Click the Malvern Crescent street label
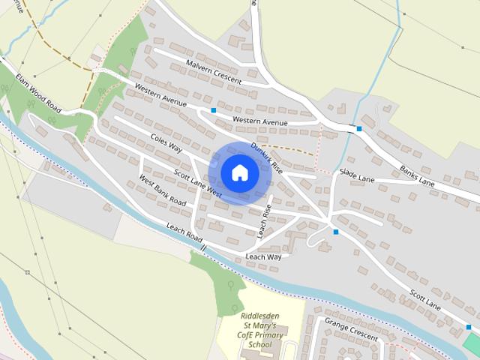pos(214,71)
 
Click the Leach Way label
pos(263,256)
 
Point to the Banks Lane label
pos(417,177)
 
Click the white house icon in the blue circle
pos(239,173)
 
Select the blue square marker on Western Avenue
pos(214,110)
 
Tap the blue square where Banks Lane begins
pos(359,129)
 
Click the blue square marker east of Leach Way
pos(336,232)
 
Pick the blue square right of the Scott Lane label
pos(469,327)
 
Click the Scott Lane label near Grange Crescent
pos(425,300)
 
